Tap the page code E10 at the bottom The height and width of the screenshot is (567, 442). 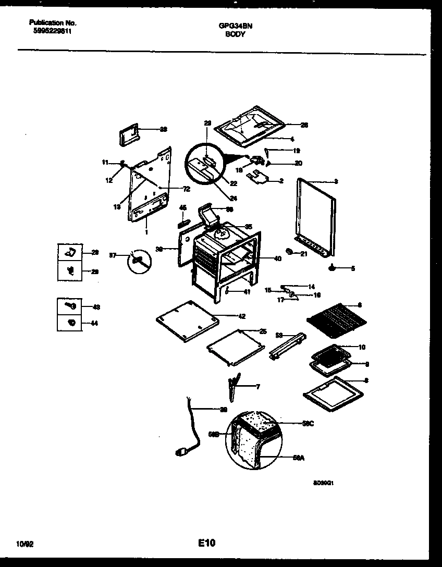206,544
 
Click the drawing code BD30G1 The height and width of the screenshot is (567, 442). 323,483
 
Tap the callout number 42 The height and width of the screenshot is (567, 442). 241,316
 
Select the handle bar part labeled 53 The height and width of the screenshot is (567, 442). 287,346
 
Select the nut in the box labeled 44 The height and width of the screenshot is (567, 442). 71,323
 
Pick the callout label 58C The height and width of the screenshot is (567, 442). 308,424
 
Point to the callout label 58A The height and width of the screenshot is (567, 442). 298,458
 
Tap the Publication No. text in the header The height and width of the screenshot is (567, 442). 53,23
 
